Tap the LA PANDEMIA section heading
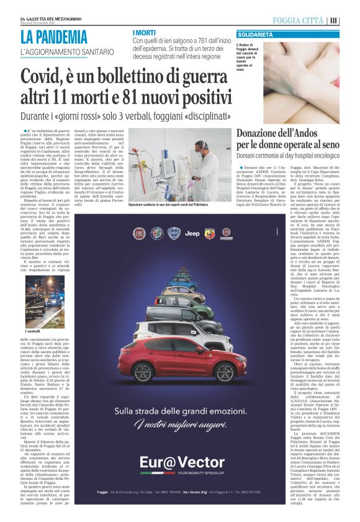[53, 37]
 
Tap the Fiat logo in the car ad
[139, 233]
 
